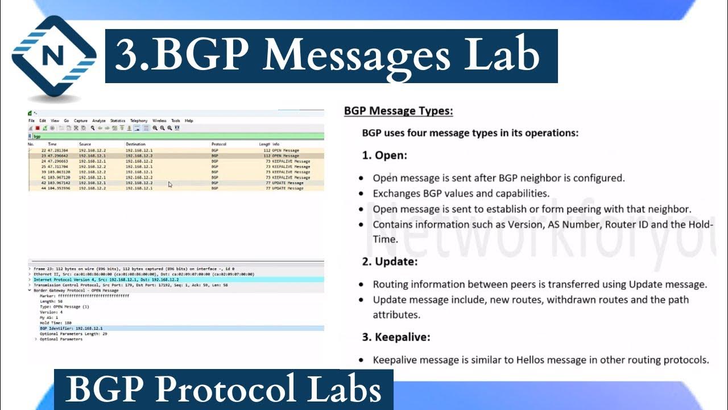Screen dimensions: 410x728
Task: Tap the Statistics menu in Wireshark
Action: (118, 121)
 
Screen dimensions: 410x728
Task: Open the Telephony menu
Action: (139, 121)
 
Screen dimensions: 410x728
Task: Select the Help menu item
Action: (189, 121)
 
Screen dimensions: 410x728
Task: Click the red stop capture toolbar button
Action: (38, 129)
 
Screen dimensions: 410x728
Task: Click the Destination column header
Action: (136, 144)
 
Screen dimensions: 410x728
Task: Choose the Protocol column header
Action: (219, 144)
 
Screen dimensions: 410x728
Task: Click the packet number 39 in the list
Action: (43, 171)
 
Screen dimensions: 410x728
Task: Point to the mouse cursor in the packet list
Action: (170, 184)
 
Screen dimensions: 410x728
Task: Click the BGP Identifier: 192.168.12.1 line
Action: (71, 329)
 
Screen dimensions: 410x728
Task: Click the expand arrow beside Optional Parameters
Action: (36, 339)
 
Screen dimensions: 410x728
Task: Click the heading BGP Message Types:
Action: (398, 111)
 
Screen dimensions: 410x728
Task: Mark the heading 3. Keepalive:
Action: (396, 337)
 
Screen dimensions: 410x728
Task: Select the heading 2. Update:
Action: (390, 261)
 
